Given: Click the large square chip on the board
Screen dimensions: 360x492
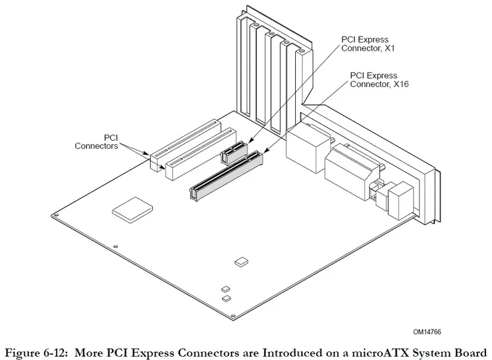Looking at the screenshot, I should pyautogui.click(x=130, y=209).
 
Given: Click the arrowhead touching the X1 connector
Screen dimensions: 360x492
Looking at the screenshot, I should pyautogui.click(x=245, y=145).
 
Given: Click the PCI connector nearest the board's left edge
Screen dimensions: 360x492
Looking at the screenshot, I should pyautogui.click(x=184, y=140).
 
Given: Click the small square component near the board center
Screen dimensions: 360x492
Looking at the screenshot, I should pyautogui.click(x=240, y=262).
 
